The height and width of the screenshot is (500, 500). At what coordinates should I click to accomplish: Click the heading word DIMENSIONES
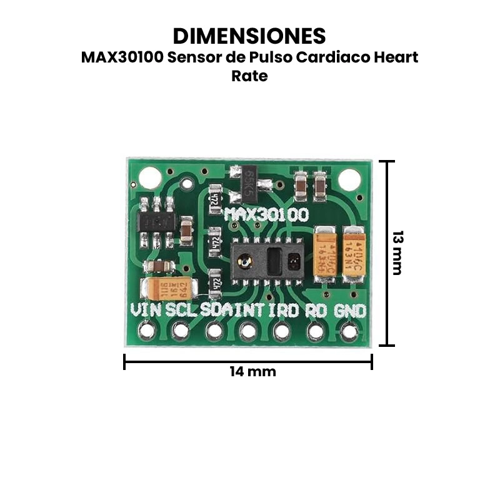pyautogui.click(x=249, y=35)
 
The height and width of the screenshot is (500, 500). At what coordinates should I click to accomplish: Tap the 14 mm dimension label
pyautogui.click(x=252, y=371)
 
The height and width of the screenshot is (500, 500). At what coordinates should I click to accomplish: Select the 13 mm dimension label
pyautogui.click(x=397, y=253)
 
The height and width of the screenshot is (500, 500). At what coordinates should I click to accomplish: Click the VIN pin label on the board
pyautogui.click(x=146, y=310)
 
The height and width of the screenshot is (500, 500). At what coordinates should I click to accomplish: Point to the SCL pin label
pyautogui.click(x=181, y=310)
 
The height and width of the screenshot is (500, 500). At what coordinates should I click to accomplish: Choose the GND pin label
pyautogui.click(x=350, y=311)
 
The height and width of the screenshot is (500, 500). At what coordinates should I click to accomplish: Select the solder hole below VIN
pyautogui.click(x=147, y=331)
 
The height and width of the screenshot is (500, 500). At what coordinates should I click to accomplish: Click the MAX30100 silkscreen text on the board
pyautogui.click(x=266, y=216)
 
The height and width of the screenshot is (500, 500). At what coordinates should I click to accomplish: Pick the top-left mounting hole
pyautogui.click(x=150, y=178)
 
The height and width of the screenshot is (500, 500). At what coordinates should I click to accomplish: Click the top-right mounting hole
pyautogui.click(x=349, y=179)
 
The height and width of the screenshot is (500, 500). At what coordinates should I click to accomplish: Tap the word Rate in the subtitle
pyautogui.click(x=249, y=76)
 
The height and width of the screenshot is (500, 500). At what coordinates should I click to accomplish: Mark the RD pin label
pyautogui.click(x=316, y=310)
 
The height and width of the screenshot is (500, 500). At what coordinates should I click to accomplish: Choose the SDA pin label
pyautogui.click(x=216, y=310)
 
